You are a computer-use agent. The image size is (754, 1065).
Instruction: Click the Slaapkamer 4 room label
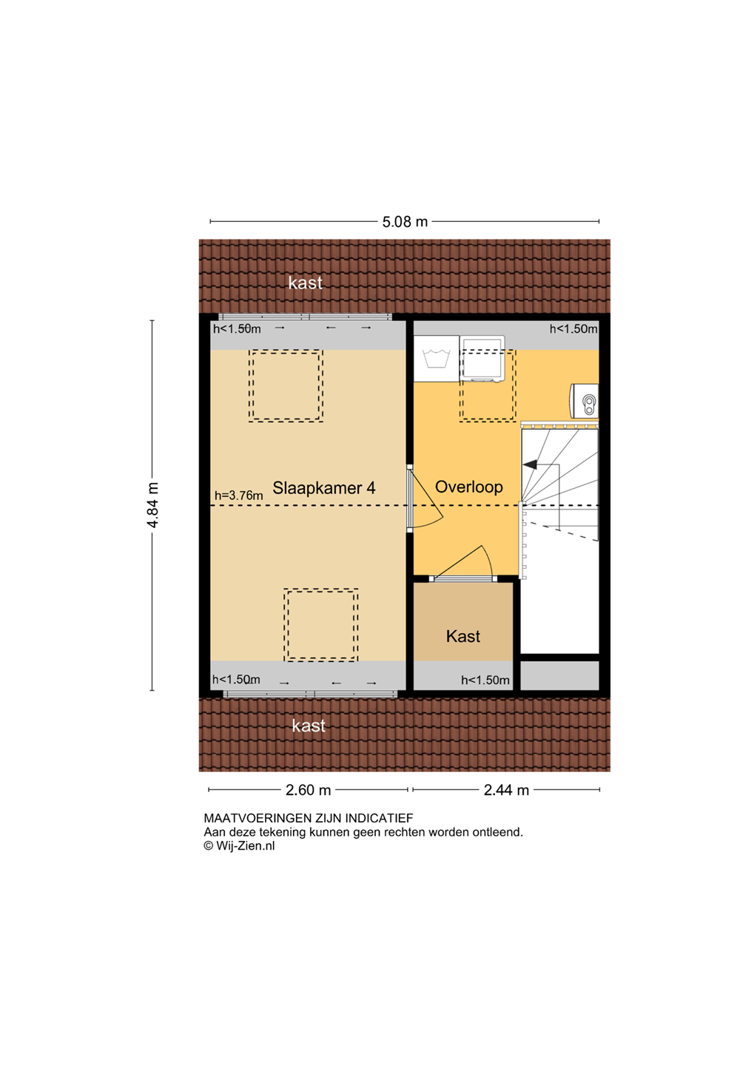click(323, 488)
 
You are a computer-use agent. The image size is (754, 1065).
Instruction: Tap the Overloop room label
click(468, 487)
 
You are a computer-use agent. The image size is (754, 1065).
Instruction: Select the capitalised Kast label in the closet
click(463, 636)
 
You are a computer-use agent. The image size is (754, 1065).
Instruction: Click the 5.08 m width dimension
click(405, 222)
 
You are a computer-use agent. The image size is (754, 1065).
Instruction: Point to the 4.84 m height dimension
click(152, 505)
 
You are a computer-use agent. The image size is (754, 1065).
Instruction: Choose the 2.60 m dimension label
click(308, 790)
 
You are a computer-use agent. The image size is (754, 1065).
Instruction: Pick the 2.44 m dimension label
click(506, 790)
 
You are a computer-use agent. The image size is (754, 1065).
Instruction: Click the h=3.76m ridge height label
click(238, 496)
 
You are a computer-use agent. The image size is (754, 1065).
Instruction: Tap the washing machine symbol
click(437, 359)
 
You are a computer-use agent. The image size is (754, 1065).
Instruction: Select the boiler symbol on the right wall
click(584, 401)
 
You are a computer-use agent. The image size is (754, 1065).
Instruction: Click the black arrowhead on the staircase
click(530, 464)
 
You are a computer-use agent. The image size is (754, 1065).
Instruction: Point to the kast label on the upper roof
click(306, 283)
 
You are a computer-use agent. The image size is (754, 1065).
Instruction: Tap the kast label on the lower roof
click(309, 726)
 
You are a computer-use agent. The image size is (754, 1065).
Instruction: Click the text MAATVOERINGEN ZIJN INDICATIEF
click(309, 818)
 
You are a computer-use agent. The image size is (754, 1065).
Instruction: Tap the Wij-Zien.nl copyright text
click(239, 845)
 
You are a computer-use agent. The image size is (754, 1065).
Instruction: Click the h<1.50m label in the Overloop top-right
click(573, 328)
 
